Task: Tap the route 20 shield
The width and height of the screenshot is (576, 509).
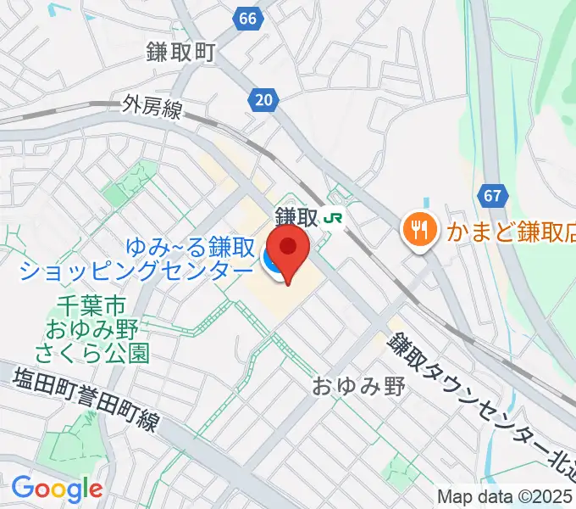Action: point(264,101)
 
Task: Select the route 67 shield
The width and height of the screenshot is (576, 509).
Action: point(493,196)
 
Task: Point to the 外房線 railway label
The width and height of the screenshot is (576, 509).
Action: point(150,106)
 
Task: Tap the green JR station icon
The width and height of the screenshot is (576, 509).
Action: point(333,218)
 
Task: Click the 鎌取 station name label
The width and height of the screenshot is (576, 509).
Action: point(296,218)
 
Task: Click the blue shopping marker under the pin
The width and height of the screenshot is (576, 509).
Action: point(275,264)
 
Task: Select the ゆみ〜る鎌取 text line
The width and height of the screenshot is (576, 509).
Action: point(191,248)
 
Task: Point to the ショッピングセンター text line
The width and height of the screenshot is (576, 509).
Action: point(136,271)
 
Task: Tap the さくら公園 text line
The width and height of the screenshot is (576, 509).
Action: point(91,351)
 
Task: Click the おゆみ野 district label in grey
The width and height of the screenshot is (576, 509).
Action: point(359,387)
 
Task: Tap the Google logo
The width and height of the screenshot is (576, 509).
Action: point(57,489)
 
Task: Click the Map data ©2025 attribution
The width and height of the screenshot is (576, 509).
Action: point(506,496)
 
